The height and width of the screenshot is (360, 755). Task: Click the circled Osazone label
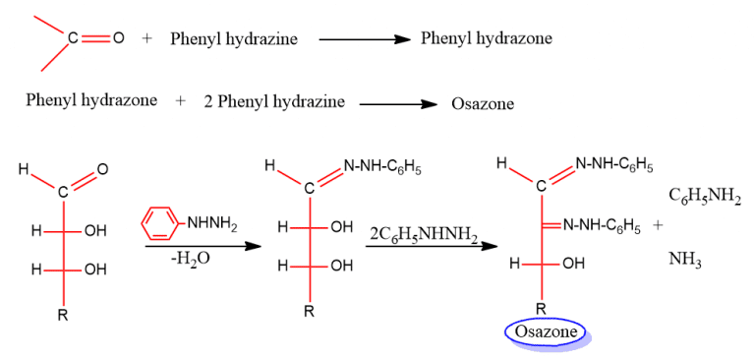tap(545, 332)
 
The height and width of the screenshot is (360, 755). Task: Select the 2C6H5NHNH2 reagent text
tap(424, 234)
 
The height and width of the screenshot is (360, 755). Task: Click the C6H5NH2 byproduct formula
tap(705, 196)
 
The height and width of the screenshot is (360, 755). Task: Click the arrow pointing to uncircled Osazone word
tap(397, 101)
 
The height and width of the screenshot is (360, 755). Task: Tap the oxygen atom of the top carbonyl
tap(119, 38)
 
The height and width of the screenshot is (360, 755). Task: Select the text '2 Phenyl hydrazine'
tap(274, 100)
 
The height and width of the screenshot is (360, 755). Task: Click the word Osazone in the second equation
tap(483, 102)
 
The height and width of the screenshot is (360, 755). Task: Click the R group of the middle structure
tap(309, 313)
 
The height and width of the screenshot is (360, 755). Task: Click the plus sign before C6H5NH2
tap(657, 225)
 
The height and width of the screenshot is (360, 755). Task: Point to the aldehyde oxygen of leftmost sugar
tap(103, 171)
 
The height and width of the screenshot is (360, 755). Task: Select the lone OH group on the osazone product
tap(572, 264)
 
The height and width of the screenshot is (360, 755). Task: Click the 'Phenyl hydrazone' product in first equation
tap(486, 38)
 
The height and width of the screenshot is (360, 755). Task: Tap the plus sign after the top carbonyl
tap(147, 38)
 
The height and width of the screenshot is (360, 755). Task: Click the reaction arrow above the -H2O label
tap(203, 244)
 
